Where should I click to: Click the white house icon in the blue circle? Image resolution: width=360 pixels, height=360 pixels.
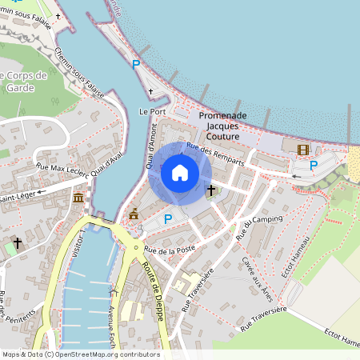(x=180, y=173)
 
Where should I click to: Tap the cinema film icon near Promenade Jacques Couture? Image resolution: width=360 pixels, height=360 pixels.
(x=302, y=150)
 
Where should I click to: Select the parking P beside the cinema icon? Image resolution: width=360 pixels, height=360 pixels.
(x=314, y=166)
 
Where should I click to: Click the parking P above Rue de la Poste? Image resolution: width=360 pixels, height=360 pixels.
(x=167, y=218)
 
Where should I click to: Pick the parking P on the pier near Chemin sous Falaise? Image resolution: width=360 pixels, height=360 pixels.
(x=136, y=65)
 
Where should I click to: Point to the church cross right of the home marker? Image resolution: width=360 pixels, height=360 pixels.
(x=211, y=190)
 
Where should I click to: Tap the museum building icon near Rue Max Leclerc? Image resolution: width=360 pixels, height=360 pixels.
(x=78, y=198)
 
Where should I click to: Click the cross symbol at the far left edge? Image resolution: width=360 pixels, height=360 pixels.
(x=17, y=242)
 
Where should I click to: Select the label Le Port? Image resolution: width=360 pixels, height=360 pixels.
(x=152, y=111)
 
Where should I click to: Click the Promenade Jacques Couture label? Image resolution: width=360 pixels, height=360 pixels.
(x=222, y=126)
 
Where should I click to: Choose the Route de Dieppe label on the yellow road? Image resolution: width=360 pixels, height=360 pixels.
(x=150, y=281)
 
